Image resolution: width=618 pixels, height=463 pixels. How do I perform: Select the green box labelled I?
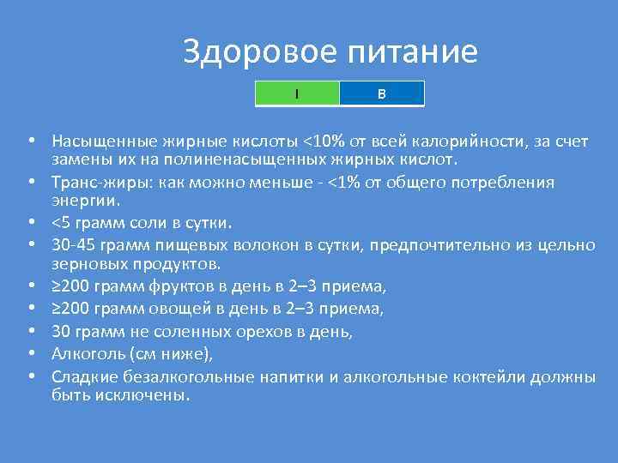pos(297,93)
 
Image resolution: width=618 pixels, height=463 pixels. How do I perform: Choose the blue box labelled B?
pos(382,93)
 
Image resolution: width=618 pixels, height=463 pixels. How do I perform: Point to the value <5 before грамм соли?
pos(62,225)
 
